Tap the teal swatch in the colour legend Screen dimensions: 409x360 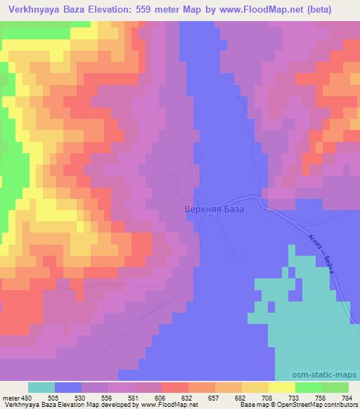coord(41,388)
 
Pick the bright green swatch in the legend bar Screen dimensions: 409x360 coord(309,388)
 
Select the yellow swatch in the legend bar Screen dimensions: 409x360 coord(282,388)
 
